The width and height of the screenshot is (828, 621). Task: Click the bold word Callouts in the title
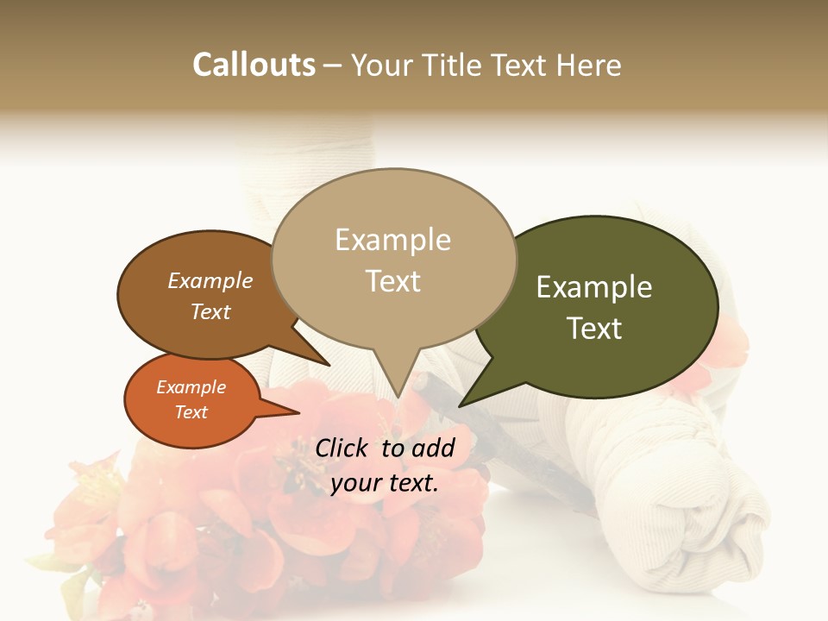pyautogui.click(x=254, y=65)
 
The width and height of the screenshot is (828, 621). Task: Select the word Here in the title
pyautogui.click(x=586, y=65)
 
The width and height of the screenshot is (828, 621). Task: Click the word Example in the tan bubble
pyautogui.click(x=392, y=240)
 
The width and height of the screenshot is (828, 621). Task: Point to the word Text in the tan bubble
pyautogui.click(x=393, y=281)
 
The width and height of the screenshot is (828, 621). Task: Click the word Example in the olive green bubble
pyautogui.click(x=594, y=287)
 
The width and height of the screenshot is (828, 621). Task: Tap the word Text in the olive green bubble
pyautogui.click(x=595, y=329)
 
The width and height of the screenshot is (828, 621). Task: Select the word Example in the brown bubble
pyautogui.click(x=210, y=281)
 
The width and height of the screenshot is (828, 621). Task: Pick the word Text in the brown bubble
pyautogui.click(x=210, y=311)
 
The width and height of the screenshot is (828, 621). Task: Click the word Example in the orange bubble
pyautogui.click(x=191, y=387)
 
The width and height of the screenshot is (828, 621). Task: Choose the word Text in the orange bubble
pyautogui.click(x=191, y=412)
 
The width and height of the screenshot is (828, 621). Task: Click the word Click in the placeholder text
pyautogui.click(x=342, y=448)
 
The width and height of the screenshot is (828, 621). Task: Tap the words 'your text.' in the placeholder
pyautogui.click(x=385, y=483)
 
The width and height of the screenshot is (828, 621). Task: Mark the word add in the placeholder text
pyautogui.click(x=433, y=448)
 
